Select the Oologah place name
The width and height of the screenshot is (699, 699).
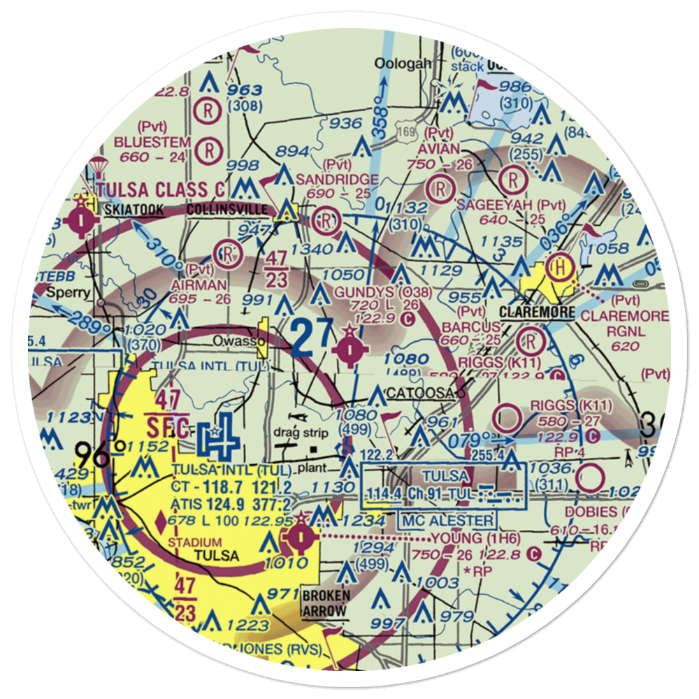click(403, 64)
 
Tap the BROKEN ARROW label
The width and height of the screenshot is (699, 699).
click(324, 604)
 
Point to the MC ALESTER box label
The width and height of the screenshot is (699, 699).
click(447, 520)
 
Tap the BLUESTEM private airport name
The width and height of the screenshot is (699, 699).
click(148, 143)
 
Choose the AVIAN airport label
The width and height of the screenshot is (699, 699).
click(438, 149)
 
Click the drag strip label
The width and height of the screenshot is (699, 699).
click(301, 433)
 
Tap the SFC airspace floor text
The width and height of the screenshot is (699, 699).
click(167, 426)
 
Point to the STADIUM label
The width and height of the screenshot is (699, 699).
click(196, 542)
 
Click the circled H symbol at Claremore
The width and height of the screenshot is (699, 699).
click(561, 266)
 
